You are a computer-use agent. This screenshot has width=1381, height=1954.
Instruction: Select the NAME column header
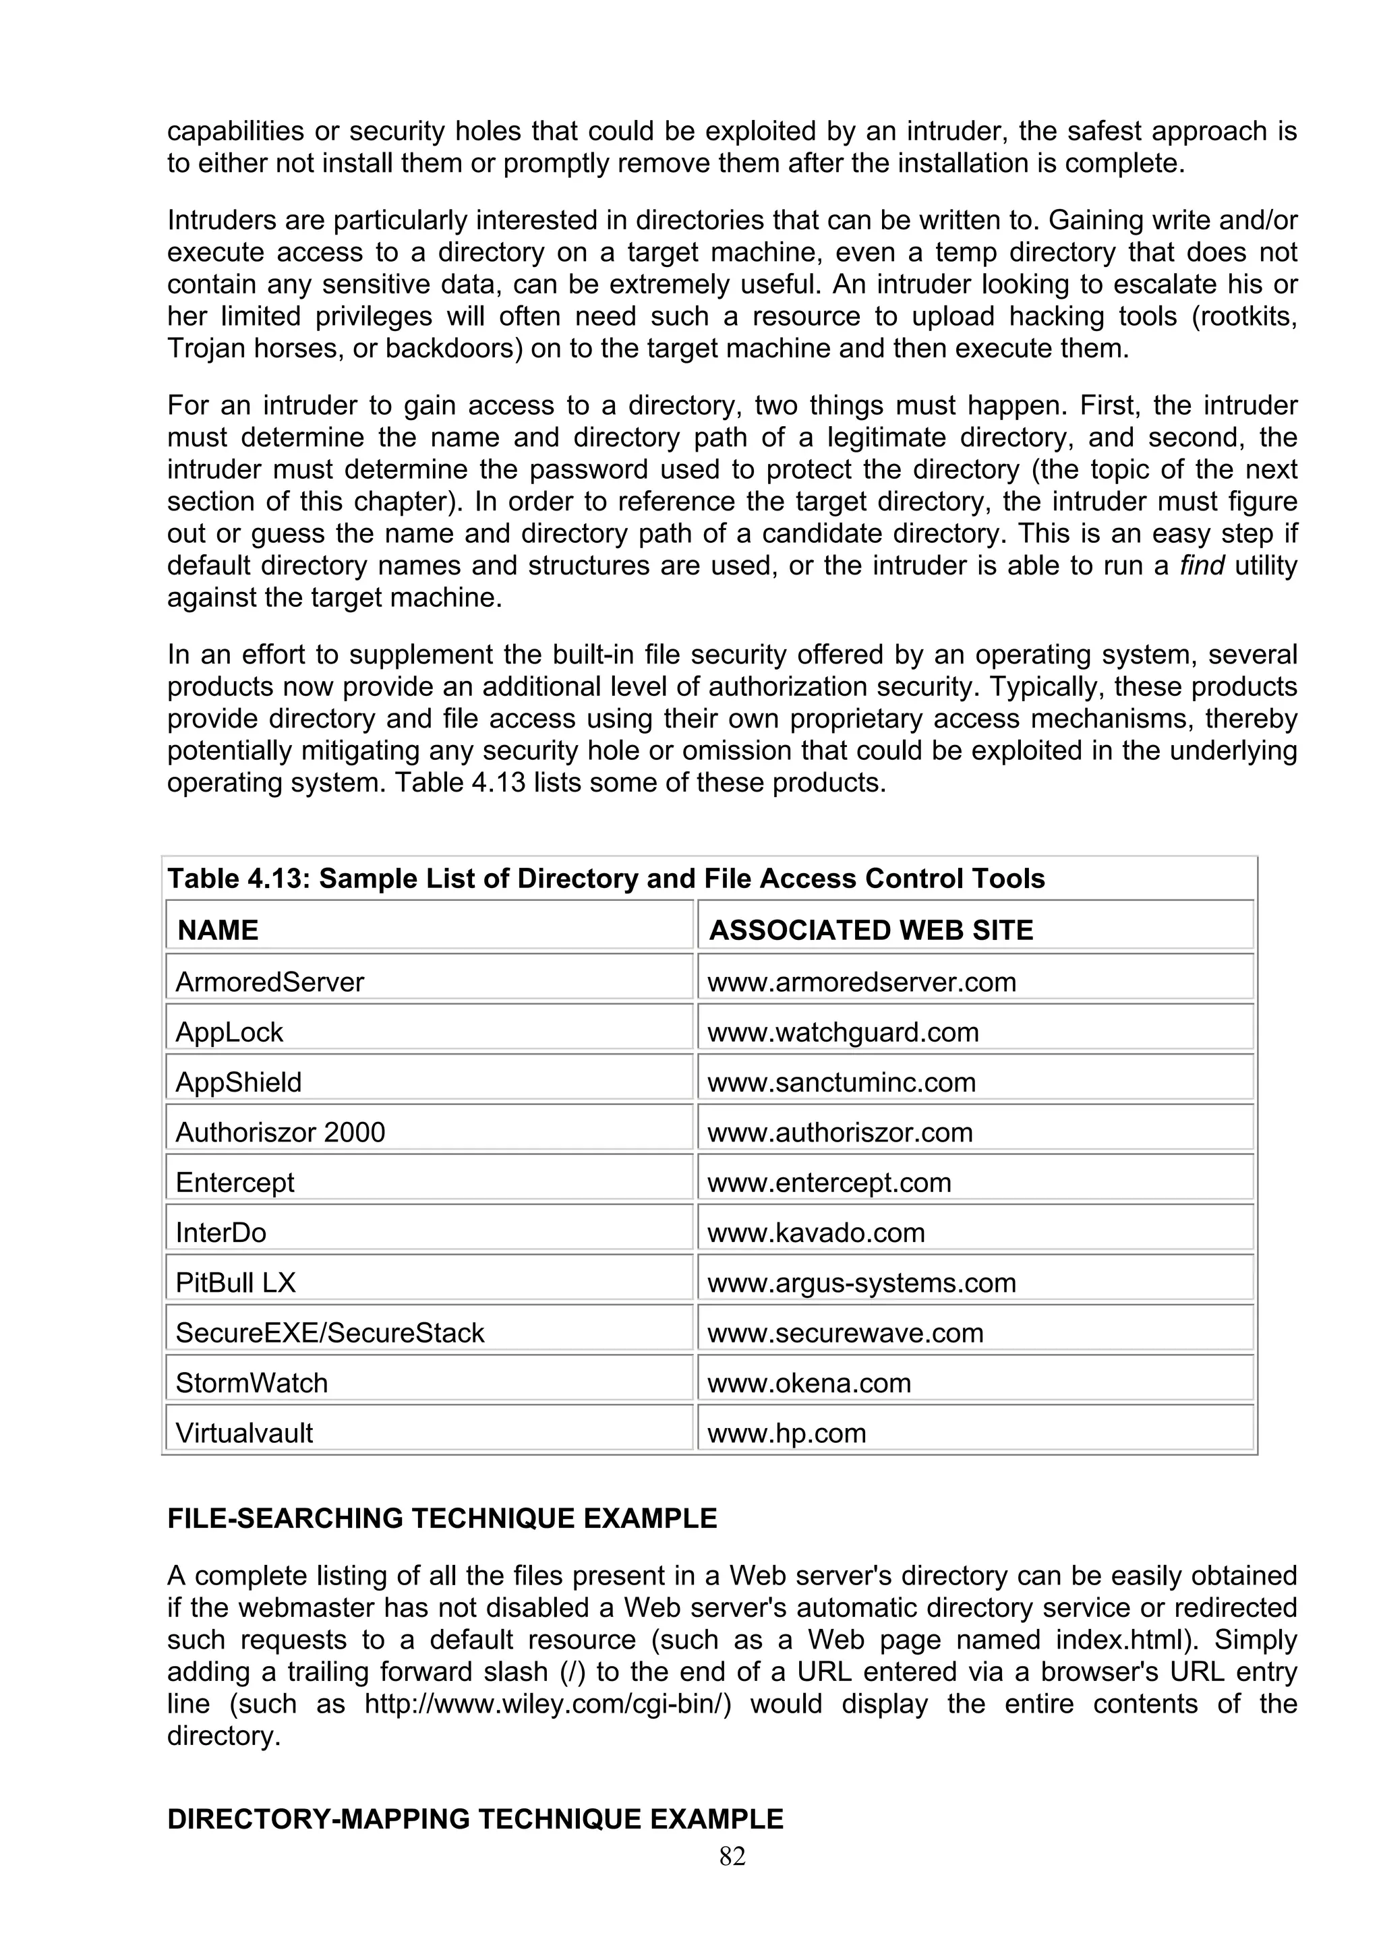point(218,929)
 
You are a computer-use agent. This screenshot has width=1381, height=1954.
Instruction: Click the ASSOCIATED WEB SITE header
point(871,929)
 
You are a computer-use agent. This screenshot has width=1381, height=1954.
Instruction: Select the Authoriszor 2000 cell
point(280,1133)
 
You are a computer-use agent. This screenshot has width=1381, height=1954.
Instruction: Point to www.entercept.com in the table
point(829,1183)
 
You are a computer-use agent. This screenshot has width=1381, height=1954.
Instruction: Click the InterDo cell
point(221,1233)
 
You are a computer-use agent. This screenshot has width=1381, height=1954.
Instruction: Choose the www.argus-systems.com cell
point(861,1283)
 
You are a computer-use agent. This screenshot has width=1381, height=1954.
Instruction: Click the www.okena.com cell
point(809,1383)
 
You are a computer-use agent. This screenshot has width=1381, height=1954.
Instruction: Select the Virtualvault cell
point(244,1433)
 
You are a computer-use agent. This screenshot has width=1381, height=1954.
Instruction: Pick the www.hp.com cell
point(786,1433)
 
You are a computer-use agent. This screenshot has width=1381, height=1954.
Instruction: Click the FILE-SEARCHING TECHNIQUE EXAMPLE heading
point(442,1518)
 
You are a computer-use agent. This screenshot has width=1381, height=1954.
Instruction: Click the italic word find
point(1202,566)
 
